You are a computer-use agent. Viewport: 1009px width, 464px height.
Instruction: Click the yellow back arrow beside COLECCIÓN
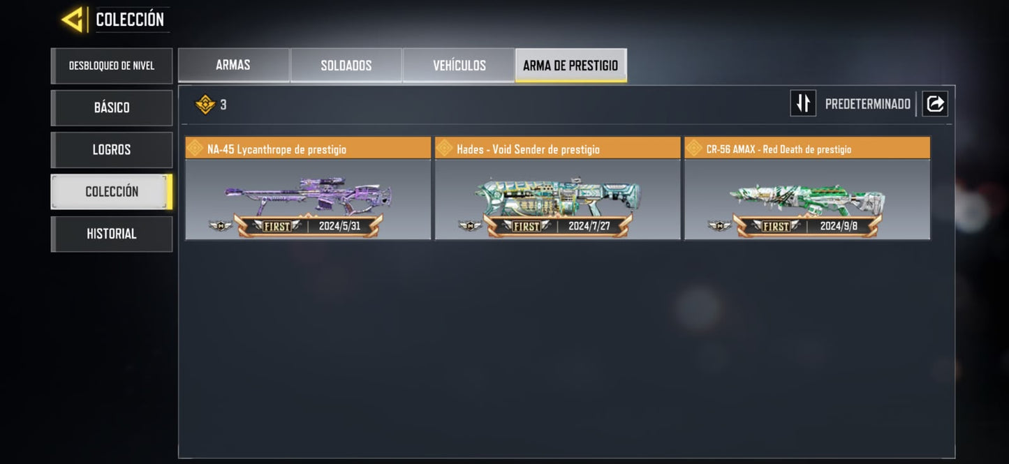[73, 20]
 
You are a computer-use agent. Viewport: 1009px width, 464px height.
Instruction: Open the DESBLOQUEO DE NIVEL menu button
[112, 66]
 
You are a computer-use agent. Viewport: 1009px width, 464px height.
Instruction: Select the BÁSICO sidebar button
[112, 107]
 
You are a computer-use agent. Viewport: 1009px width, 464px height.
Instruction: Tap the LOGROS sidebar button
[112, 149]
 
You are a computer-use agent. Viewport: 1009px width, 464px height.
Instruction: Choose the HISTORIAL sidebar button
[112, 234]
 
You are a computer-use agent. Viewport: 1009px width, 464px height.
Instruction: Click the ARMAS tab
[233, 66]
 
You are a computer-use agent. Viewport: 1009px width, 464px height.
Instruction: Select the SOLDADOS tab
[346, 66]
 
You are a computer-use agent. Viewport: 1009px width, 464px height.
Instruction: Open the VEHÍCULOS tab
[459, 66]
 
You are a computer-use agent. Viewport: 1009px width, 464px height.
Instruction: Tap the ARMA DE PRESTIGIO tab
[570, 66]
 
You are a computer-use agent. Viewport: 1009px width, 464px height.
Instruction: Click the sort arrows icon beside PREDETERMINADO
[803, 103]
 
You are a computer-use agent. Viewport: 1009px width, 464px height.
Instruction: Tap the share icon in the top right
[935, 104]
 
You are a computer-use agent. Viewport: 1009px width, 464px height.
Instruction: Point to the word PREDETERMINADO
[867, 105]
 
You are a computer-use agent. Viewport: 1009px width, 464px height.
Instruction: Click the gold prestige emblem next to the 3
[205, 105]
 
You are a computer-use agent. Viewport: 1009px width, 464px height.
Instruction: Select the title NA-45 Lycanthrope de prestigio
[277, 149]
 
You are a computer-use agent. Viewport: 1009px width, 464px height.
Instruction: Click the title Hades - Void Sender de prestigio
[528, 149]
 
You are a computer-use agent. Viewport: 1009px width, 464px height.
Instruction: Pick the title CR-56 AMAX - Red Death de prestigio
[779, 149]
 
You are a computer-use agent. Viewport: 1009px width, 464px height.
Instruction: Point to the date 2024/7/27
[589, 226]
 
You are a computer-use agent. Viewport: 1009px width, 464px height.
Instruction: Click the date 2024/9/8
[839, 226]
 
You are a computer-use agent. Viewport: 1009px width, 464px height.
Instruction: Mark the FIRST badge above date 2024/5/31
[277, 226]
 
